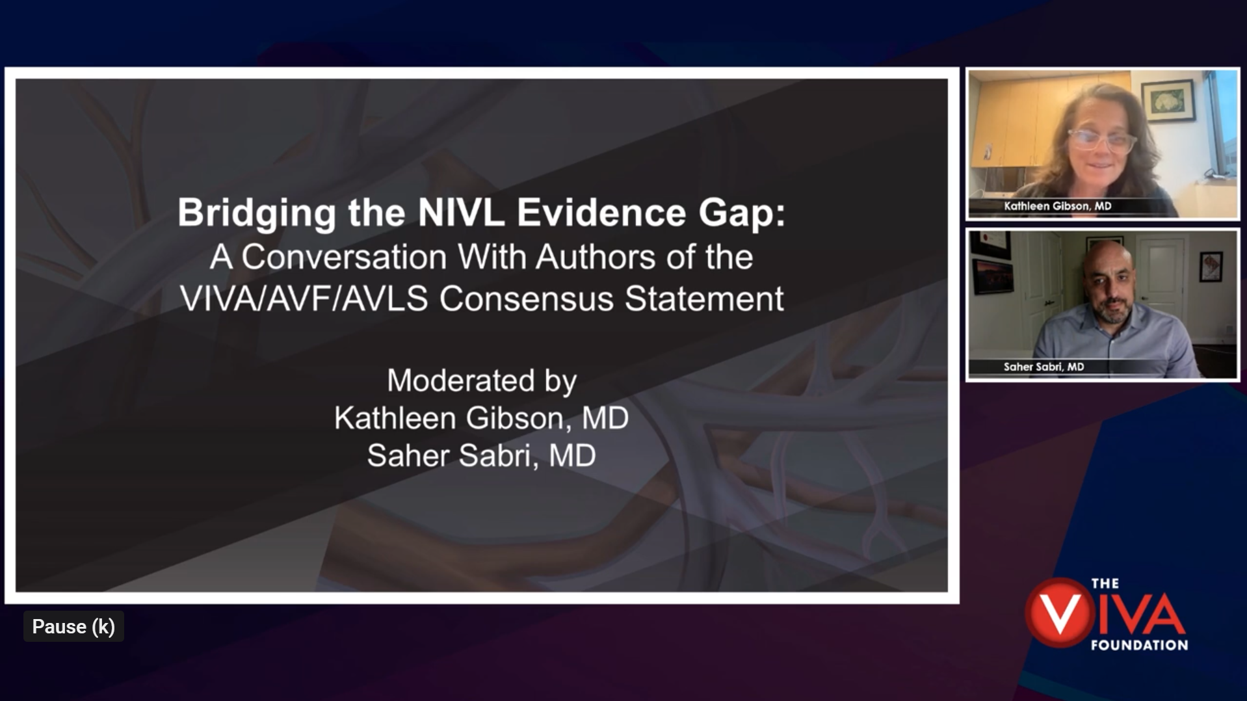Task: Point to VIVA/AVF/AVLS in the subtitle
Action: tap(304, 299)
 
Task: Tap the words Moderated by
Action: tap(482, 380)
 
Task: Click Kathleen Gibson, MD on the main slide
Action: tap(481, 418)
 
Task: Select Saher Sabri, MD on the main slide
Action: tap(481, 455)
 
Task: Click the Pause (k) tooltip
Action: tap(73, 626)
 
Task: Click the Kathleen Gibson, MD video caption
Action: tap(1058, 206)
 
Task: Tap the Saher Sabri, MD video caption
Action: tap(1044, 367)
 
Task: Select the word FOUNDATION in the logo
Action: tap(1139, 645)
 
